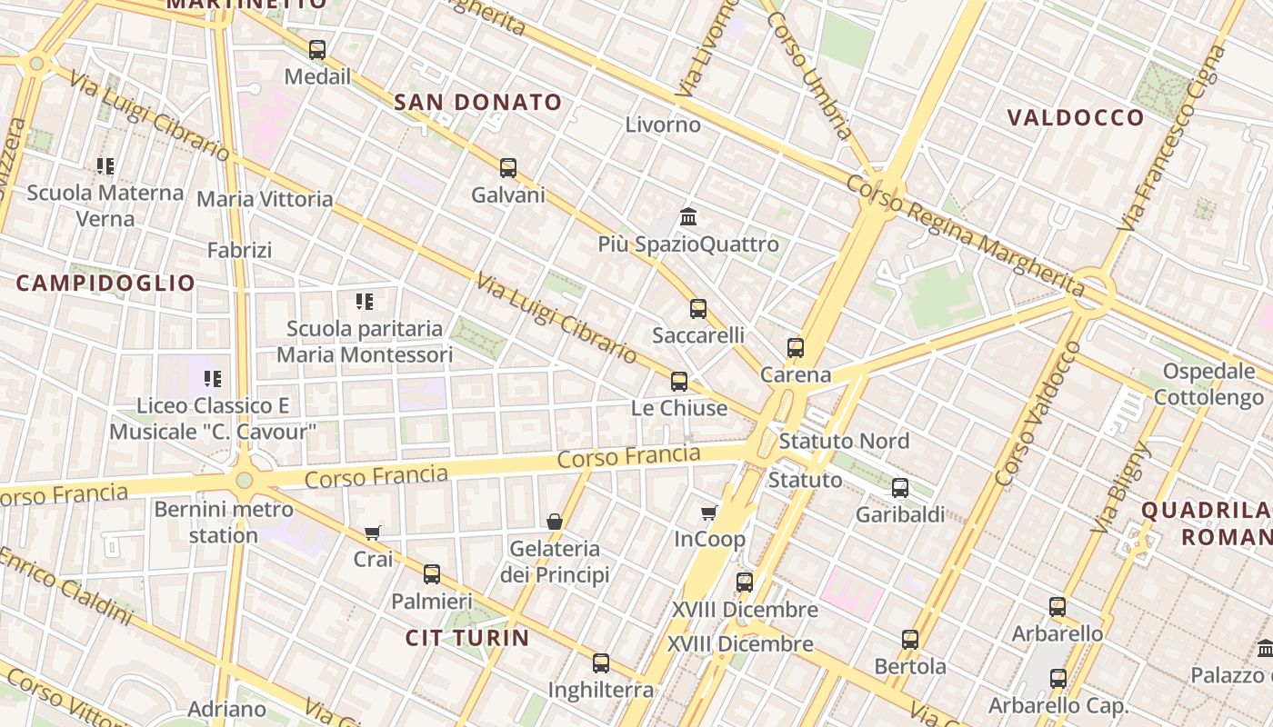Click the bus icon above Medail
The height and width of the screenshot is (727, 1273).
316,50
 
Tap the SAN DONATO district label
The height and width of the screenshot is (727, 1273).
478,103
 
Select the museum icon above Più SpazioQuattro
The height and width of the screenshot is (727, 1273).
688,217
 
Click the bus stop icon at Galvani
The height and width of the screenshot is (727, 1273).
508,168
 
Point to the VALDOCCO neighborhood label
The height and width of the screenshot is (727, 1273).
1077,118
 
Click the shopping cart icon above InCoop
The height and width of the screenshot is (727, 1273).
709,513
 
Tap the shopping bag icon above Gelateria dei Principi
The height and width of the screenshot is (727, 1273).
555,522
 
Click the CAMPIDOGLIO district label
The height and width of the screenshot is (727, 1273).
105,284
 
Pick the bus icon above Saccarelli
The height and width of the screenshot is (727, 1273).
698,309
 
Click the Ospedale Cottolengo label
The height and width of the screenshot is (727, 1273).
1209,384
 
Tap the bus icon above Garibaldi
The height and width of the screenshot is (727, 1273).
900,488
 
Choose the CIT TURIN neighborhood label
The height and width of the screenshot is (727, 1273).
467,638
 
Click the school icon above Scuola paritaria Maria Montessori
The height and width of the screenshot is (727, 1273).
365,302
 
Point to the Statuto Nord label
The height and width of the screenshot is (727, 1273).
844,442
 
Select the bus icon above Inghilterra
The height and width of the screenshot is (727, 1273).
601,663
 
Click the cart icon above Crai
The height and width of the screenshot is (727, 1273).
372,533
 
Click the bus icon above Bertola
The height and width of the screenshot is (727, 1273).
910,640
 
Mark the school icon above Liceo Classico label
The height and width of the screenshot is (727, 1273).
213,379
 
